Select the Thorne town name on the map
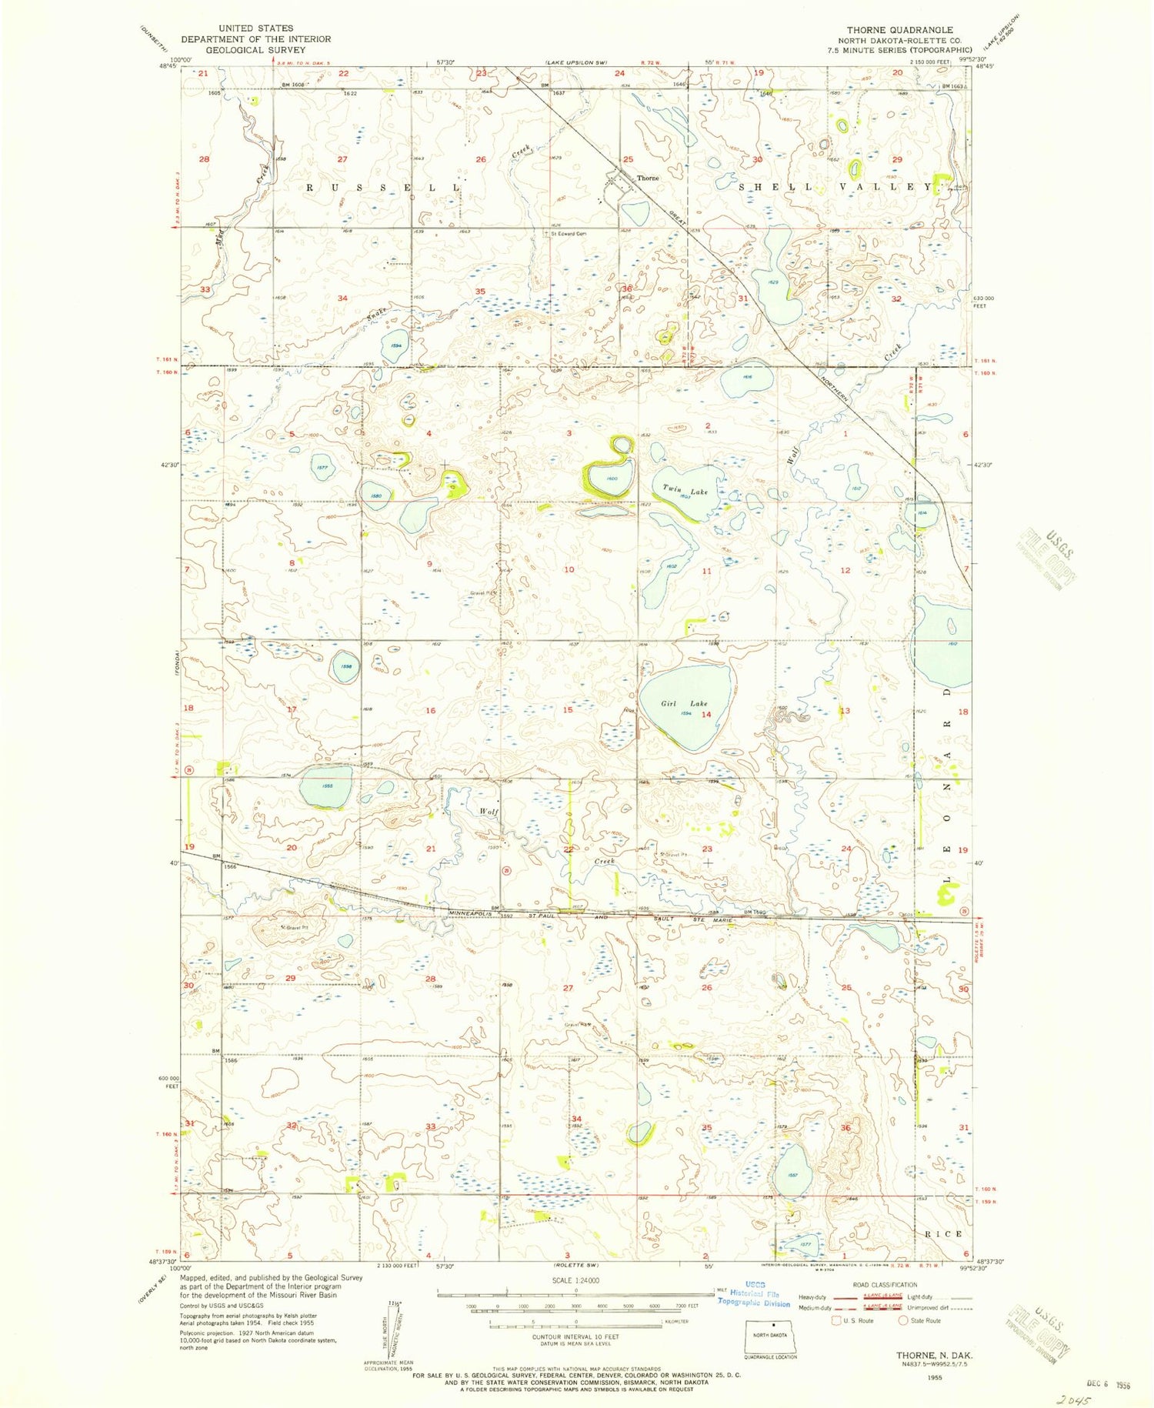tap(648, 178)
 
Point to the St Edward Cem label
tap(570, 233)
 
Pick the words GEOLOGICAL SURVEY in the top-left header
tap(255, 50)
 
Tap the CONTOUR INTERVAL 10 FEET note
tap(576, 1336)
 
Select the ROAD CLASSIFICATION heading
tap(885, 1284)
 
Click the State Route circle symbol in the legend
tap(903, 1320)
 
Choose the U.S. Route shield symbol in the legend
tap(836, 1320)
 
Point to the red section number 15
tap(568, 709)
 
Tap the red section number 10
tap(569, 569)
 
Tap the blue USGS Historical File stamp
tap(753, 1299)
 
